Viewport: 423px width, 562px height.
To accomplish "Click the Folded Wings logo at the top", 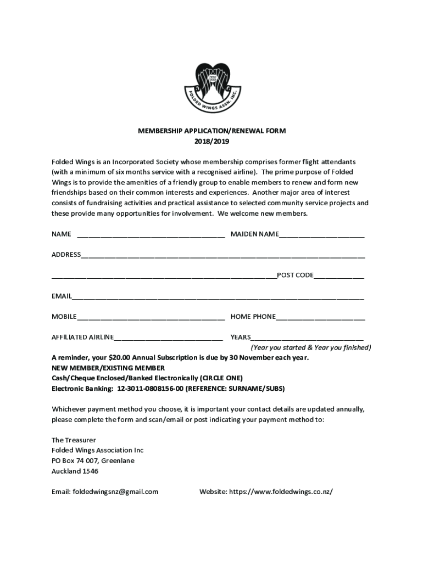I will pyautogui.click(x=211, y=88).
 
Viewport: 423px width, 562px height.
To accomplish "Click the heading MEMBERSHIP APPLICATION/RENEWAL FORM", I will pyautogui.click(x=211, y=131).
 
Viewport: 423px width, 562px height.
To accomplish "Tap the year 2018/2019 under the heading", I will pyautogui.click(x=211, y=141).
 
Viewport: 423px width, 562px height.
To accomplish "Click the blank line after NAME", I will pyautogui.click(x=151, y=235).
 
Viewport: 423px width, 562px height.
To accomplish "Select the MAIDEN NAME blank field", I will pyautogui.click(x=321, y=235).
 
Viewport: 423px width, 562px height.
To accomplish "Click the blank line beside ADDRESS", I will pyautogui.click(x=222, y=255).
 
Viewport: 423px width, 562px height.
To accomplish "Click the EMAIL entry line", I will pyautogui.click(x=218, y=297).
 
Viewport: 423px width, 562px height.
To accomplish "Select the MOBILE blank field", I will pyautogui.click(x=151, y=317).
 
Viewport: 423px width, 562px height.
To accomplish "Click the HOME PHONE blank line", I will pyautogui.click(x=320, y=317).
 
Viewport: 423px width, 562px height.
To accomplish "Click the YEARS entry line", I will pyautogui.click(x=307, y=338).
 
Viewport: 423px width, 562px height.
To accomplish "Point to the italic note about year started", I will pyautogui.click(x=311, y=348).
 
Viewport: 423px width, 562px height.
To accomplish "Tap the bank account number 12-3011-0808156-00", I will pyautogui.click(x=150, y=389).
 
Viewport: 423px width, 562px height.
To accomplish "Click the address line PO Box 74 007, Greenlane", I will pyautogui.click(x=93, y=461).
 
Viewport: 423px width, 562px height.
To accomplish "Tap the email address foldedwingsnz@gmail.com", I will pyautogui.click(x=115, y=492).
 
